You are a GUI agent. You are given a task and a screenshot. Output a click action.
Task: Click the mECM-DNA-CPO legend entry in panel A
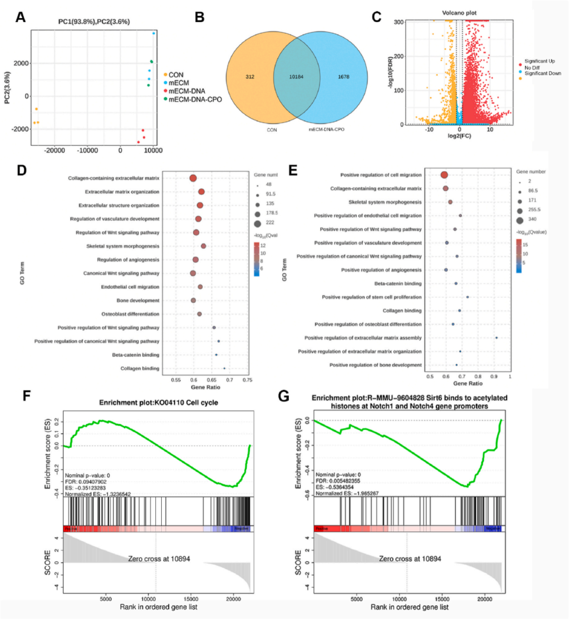pos(195,99)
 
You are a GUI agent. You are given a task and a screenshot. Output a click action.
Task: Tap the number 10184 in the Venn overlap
pos(296,77)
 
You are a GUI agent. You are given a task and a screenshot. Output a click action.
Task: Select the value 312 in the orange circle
pos(250,77)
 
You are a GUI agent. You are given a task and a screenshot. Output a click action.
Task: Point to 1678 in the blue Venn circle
pos(343,77)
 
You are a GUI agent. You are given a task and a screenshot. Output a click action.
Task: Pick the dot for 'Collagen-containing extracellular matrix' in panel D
pos(193,178)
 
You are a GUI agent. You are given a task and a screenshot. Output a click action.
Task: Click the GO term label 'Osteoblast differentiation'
pos(130,314)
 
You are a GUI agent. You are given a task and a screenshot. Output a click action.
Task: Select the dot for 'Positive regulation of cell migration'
pos(444,175)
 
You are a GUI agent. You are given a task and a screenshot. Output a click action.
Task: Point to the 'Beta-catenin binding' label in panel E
pos(398,284)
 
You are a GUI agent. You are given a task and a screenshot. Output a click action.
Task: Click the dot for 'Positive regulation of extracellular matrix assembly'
pos(496,338)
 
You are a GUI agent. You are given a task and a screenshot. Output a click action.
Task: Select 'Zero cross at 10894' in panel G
pos(410,558)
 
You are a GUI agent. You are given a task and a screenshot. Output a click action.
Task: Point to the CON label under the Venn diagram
pos(272,129)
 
